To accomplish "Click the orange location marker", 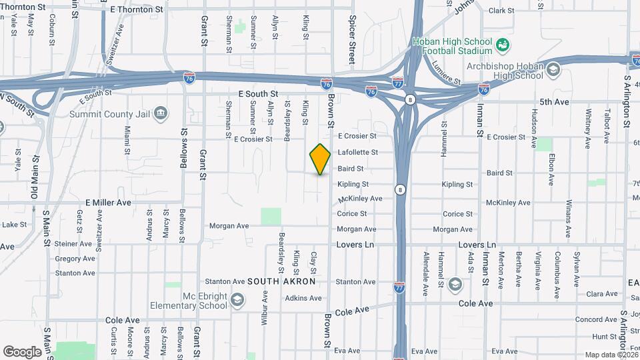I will click(320, 159).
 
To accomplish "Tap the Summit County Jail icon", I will click(161, 112).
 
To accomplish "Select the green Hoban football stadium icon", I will click(503, 45).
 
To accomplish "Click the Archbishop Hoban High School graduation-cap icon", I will click(553, 69).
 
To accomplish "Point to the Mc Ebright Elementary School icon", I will click(237, 301).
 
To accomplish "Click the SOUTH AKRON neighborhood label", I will click(281, 282).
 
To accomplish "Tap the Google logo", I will click(22, 351).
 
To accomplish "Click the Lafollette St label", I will click(358, 153).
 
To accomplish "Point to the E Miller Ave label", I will click(108, 202).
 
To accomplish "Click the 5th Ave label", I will click(554, 102).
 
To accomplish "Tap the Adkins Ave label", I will click(303, 298).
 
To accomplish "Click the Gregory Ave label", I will click(75, 259).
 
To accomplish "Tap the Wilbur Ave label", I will click(265, 302).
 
